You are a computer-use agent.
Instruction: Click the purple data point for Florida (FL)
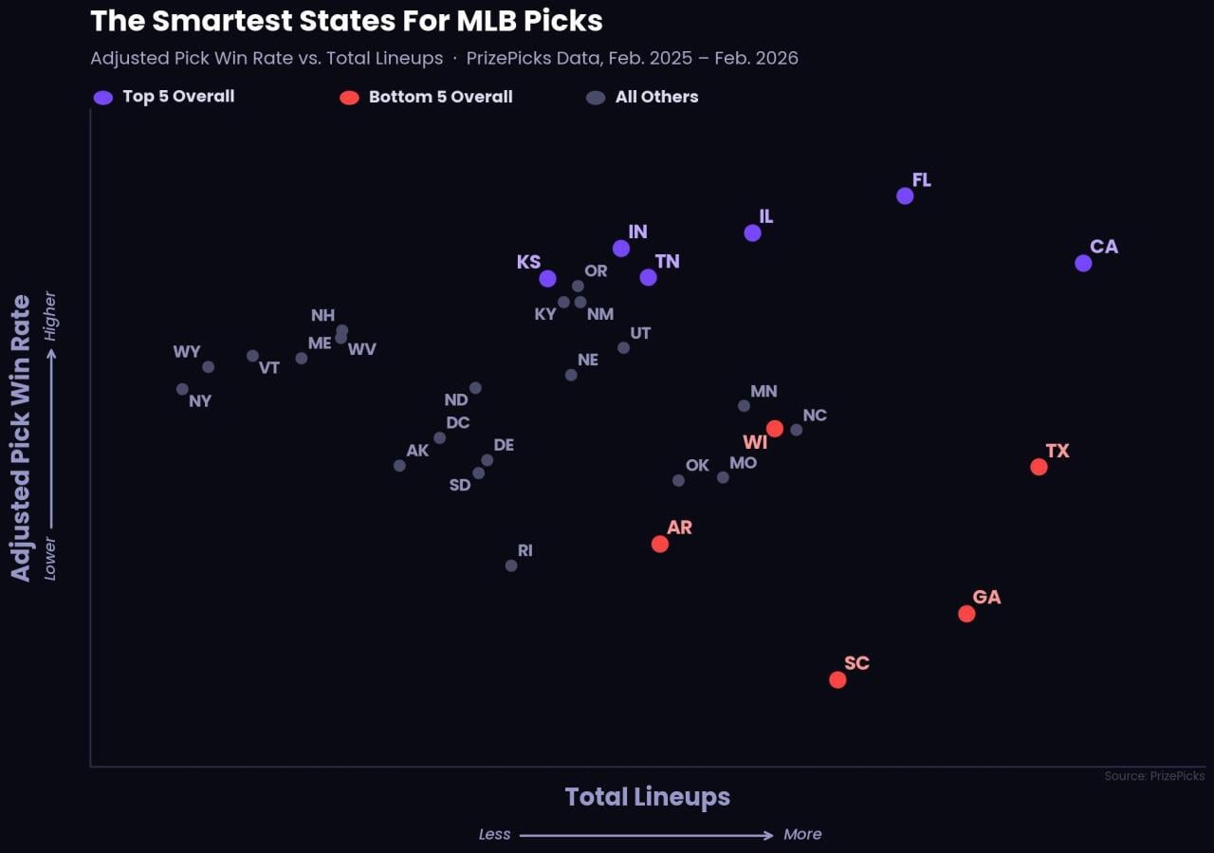point(905,195)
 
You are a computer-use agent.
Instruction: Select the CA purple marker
point(1083,263)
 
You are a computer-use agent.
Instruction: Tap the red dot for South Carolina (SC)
point(837,679)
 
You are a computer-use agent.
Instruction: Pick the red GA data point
point(966,614)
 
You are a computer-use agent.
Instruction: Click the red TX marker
point(1039,467)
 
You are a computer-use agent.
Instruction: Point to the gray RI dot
point(511,566)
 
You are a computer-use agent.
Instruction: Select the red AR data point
point(660,544)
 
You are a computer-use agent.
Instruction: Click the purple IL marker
point(752,232)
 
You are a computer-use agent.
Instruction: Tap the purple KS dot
point(547,278)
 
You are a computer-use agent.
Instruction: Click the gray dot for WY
point(209,367)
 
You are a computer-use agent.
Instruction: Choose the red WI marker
point(775,429)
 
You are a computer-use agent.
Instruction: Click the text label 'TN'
point(667,261)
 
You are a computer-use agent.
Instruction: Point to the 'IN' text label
point(637,232)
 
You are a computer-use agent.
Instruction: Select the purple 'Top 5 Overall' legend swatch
point(103,97)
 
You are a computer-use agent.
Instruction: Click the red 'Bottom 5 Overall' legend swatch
point(349,97)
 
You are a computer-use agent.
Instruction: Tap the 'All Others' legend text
point(656,97)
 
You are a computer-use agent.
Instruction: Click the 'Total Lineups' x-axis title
point(648,796)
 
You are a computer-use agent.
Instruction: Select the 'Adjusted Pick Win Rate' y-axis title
point(21,437)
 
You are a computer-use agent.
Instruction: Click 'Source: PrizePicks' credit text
point(1154,776)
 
